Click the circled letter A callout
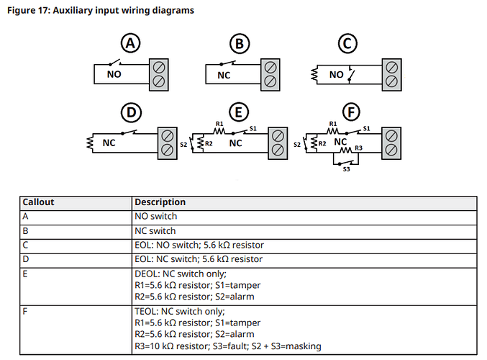point(130,43)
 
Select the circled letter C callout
point(347,43)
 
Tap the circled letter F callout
point(351,112)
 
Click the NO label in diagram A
point(114,74)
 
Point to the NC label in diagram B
point(224,75)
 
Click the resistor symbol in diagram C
point(314,75)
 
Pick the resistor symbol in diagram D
point(90,143)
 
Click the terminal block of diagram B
point(270,75)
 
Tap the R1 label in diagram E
point(219,124)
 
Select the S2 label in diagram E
point(183,145)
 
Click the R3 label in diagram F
point(359,148)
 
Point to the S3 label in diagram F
point(346,169)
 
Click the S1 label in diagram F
point(366,128)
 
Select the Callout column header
point(38,202)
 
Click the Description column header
point(160,202)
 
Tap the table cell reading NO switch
point(155,216)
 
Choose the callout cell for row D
point(25,259)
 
